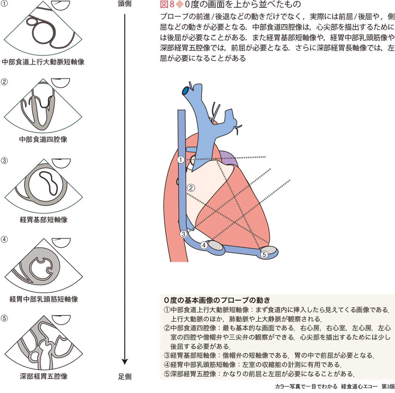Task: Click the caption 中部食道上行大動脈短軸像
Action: [43, 62]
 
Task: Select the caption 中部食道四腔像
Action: [43, 140]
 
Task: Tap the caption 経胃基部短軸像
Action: [43, 220]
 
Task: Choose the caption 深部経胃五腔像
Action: [43, 376]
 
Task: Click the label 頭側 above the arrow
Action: [124, 4]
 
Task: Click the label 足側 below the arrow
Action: [125, 377]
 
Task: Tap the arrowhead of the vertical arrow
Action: [125, 361]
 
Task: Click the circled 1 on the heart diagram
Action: [181, 160]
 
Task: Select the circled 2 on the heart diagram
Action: [191, 188]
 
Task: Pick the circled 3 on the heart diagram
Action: [183, 234]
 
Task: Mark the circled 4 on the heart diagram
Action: [204, 245]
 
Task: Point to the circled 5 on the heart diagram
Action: [264, 254]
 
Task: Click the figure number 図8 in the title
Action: [167, 5]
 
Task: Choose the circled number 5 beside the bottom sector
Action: [4, 318]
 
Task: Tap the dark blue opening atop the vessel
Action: [186, 91]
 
